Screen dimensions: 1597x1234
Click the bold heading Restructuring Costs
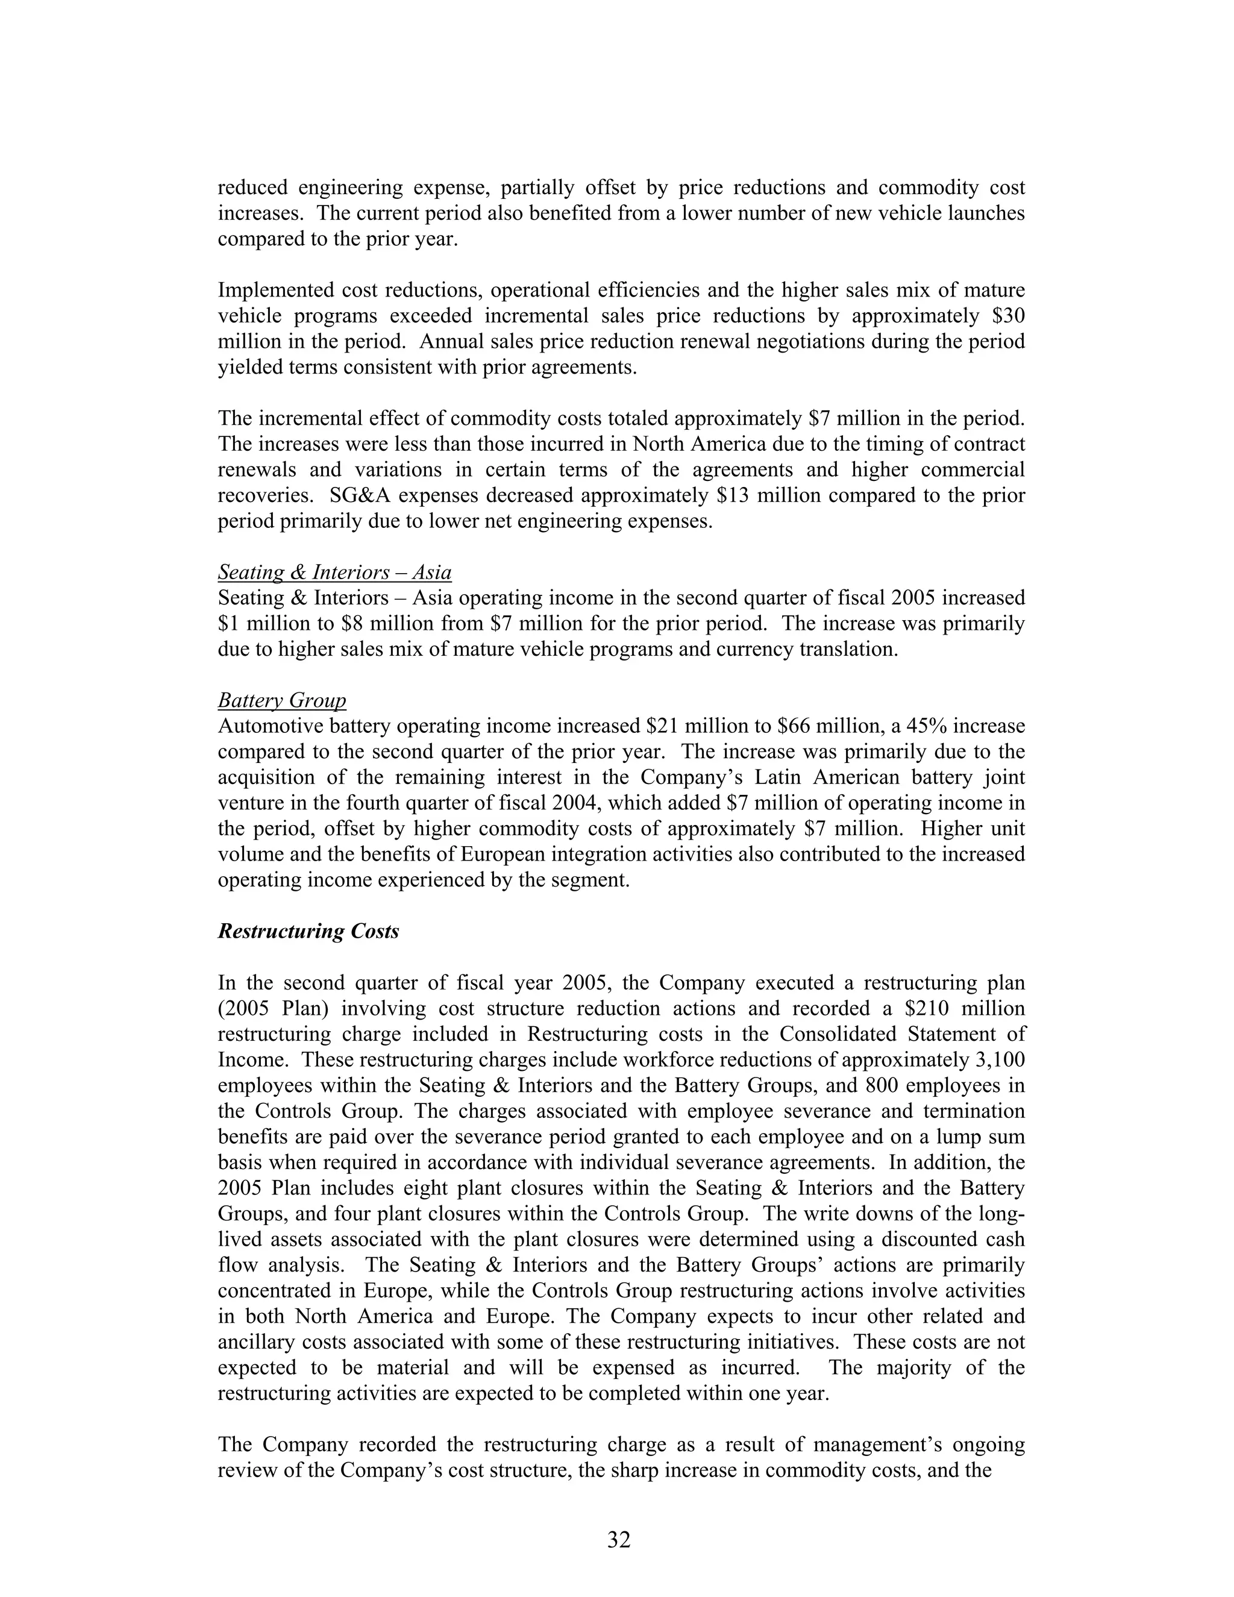point(308,931)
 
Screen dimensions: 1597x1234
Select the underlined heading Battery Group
point(281,700)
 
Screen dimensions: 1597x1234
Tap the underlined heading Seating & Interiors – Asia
point(334,572)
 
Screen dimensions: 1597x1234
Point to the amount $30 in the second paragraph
point(1009,316)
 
